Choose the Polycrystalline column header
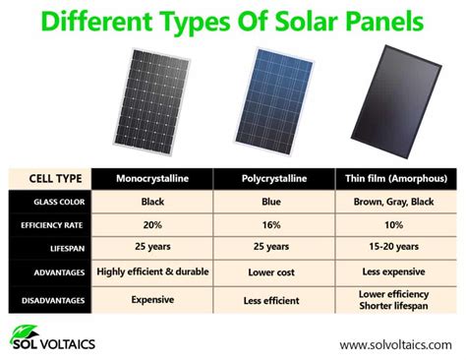pyautogui.click(x=277, y=179)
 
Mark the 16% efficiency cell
pyautogui.click(x=277, y=224)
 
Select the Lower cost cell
pyautogui.click(x=277, y=271)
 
